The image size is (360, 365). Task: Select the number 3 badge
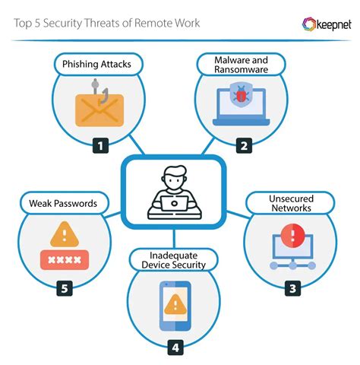(x=293, y=287)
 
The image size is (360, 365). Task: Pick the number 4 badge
(x=176, y=348)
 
